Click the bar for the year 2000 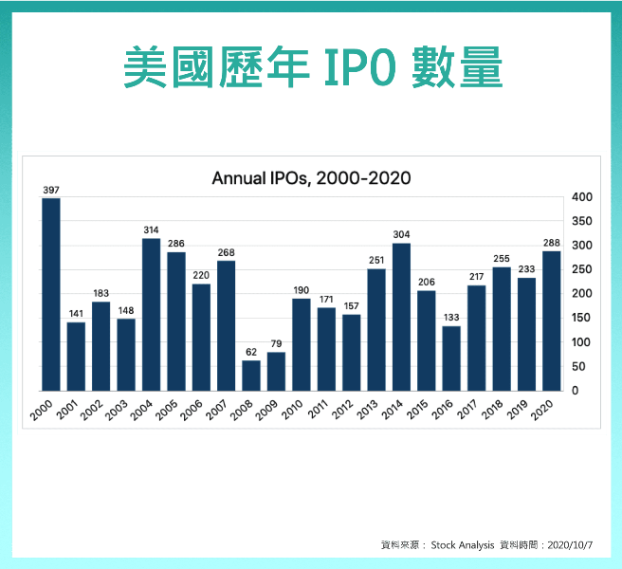[x=51, y=294]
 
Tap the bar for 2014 [x=401, y=317]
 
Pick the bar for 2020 [x=551, y=321]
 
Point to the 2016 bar [x=451, y=358]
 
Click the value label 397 [x=51, y=191]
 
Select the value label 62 [x=251, y=353]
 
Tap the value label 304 [x=401, y=235]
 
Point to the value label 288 [x=551, y=243]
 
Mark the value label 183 [x=101, y=294]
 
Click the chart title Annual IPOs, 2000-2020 [x=311, y=177]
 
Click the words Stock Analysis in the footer [x=463, y=545]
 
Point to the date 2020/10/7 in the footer [x=570, y=545]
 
